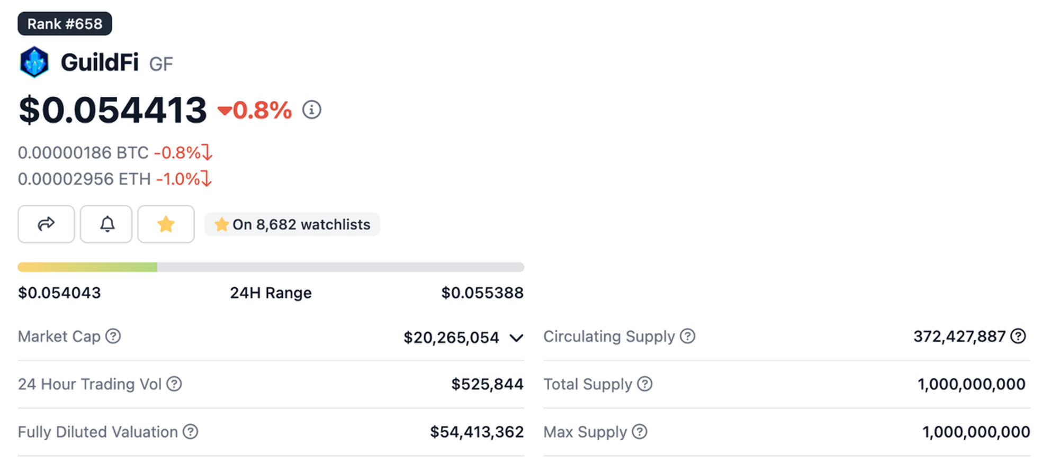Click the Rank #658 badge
pos(65,24)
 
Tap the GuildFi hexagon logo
pos(34,62)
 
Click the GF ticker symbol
pos(161,64)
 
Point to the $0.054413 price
pos(112,110)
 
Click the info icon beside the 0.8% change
pos(312,110)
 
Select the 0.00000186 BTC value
pos(83,153)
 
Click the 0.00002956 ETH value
pos(84,179)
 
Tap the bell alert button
pos(106,224)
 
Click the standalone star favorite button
pos(166,224)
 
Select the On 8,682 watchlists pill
pos(292,224)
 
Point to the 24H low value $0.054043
pos(59,293)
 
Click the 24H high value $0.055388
pos(482,293)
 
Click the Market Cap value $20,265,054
pos(451,337)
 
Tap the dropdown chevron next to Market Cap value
pos(516,338)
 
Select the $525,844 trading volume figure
pos(487,384)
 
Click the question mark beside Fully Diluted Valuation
pos(191,432)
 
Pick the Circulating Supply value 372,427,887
pos(959,336)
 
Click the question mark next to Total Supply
pos(644,384)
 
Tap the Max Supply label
pos(585,432)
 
